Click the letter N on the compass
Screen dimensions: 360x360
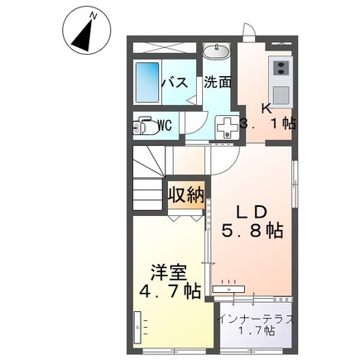(x=94, y=17)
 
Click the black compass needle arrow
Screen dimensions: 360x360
(x=83, y=36)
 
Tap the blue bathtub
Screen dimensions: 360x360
(x=147, y=82)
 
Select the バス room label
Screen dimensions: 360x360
(x=175, y=82)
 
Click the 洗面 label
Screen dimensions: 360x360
(x=217, y=82)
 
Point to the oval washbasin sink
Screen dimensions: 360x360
(x=216, y=51)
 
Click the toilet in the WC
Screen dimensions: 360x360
(x=146, y=127)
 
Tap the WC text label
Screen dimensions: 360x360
(x=166, y=126)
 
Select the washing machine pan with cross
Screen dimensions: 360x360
(x=228, y=127)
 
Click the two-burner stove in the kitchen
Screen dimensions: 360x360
(x=281, y=68)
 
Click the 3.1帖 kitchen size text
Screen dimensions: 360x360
(x=267, y=123)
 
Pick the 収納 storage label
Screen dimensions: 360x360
(x=186, y=194)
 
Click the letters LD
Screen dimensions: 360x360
(x=252, y=213)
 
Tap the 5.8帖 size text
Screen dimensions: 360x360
(x=252, y=231)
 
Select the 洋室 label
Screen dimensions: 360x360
(x=169, y=273)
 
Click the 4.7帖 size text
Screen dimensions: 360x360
(x=170, y=291)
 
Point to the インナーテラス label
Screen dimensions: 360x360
(x=256, y=320)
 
